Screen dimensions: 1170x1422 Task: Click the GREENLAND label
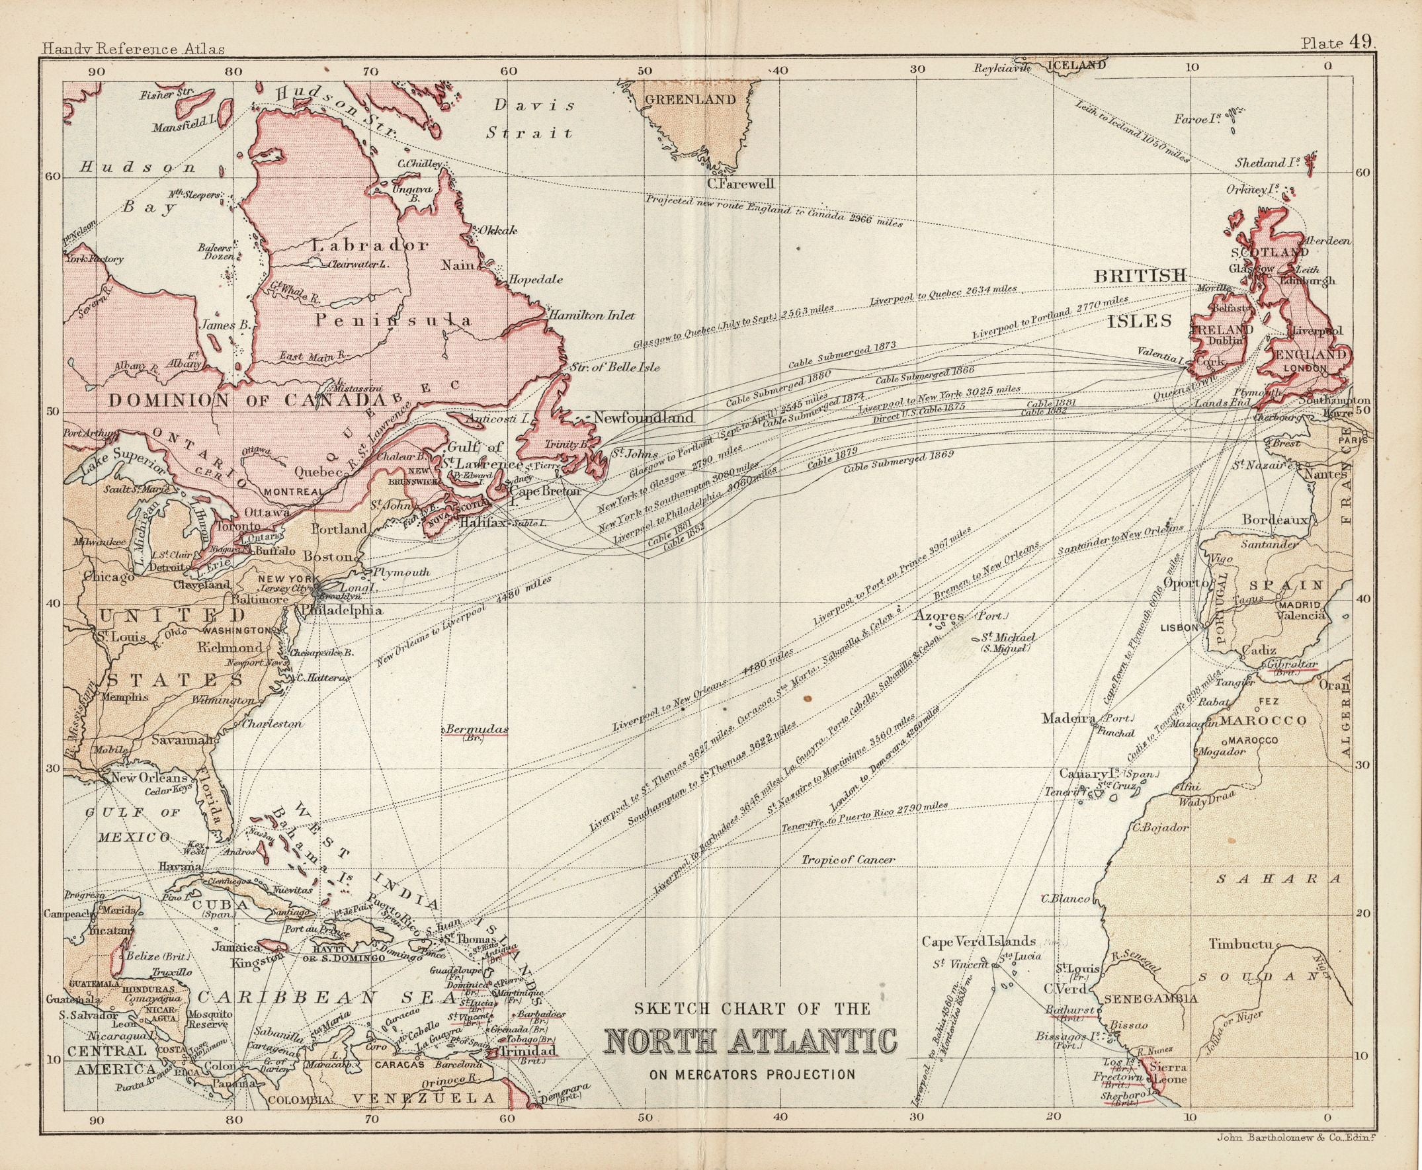click(690, 100)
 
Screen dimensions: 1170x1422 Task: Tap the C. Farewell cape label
click(741, 183)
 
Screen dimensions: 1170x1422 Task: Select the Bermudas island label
click(476, 730)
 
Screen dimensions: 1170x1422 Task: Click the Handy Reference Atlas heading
click(133, 49)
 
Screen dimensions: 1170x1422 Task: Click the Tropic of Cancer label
click(848, 860)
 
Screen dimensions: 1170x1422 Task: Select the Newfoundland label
click(644, 418)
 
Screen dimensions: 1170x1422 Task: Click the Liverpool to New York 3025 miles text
click(939, 400)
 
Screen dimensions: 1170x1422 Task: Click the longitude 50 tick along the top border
click(645, 69)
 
